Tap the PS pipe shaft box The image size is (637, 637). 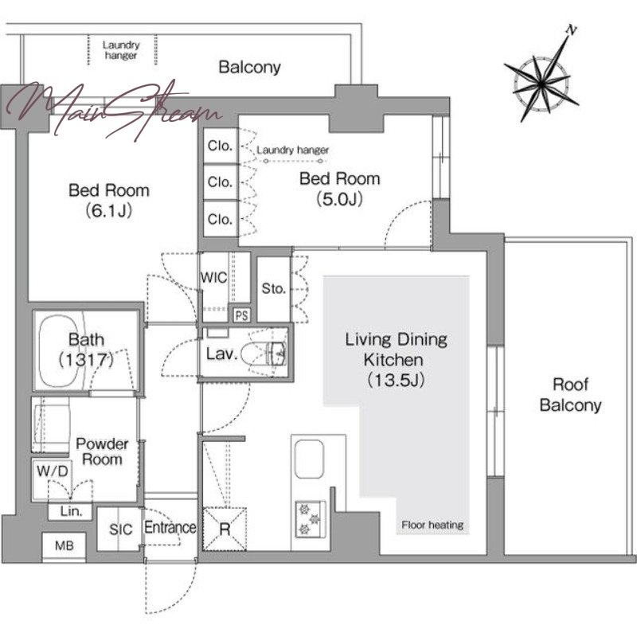pos(242,315)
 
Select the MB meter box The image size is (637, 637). pos(64,545)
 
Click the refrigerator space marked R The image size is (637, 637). pos(225,529)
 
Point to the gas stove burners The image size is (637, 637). pos(311,519)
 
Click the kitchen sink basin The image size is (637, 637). pos(309,459)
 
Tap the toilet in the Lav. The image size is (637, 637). pos(264,353)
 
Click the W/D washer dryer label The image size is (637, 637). pos(53,471)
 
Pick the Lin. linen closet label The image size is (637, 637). pos(71,511)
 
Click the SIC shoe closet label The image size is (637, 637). pos(121,530)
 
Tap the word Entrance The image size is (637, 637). pos(170,527)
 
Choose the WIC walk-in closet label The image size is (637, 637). pos(213,278)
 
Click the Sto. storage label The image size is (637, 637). pos(274,289)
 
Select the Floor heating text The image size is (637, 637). pos(432,525)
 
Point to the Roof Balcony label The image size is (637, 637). pos(570,394)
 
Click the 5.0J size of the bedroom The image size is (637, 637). pos(340,199)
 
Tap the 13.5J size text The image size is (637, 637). pos(396,381)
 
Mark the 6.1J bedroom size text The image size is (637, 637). pos(109,210)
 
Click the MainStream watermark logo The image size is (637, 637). pos(114,110)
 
